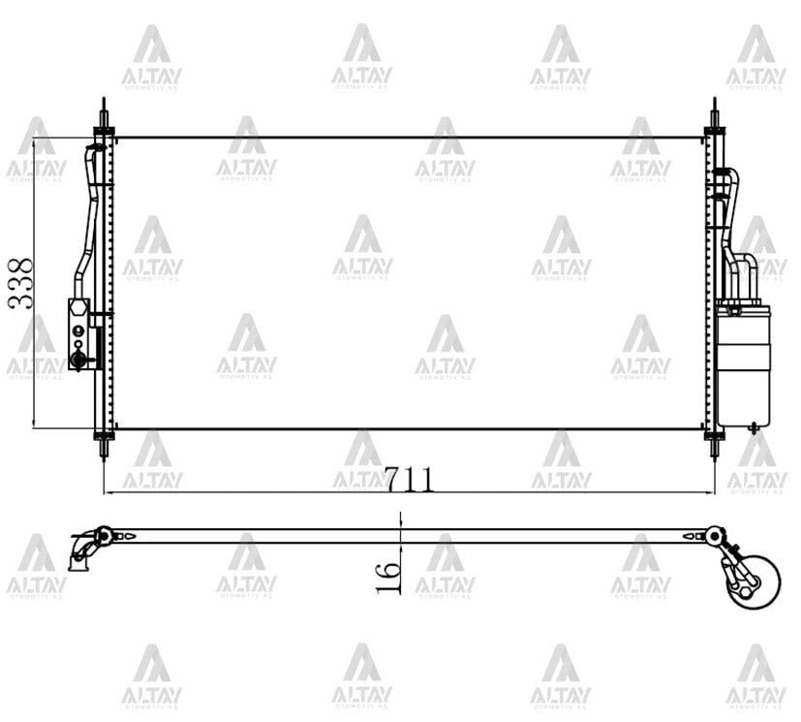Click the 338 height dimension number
tap(20, 283)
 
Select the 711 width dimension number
tap(408, 479)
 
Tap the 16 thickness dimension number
tap(388, 576)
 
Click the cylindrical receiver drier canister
tap(743, 365)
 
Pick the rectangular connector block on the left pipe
tap(78, 334)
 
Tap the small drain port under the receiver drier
tap(753, 426)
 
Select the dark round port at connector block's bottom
tap(77, 361)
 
